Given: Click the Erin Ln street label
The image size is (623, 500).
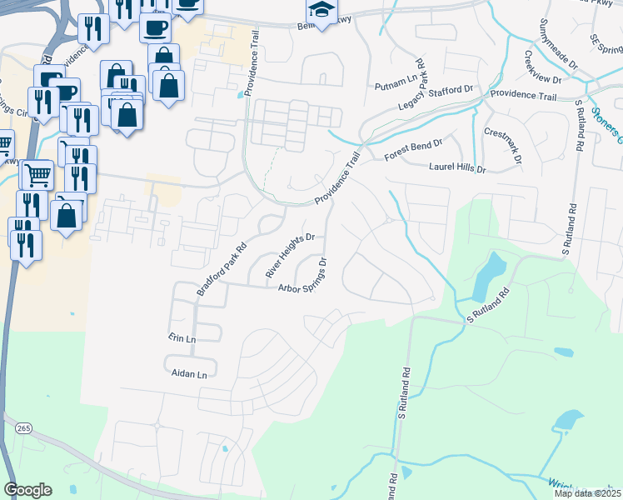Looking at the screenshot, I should pyautogui.click(x=181, y=339).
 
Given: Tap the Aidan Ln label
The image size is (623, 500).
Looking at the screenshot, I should pyautogui.click(x=189, y=375).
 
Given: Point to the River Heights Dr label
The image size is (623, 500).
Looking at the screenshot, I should pyautogui.click(x=290, y=255).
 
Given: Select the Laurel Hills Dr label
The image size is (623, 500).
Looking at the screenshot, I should pyautogui.click(x=456, y=167).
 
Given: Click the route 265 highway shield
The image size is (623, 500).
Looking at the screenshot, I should pyautogui.click(x=22, y=427).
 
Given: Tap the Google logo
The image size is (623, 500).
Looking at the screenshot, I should pyautogui.click(x=27, y=490).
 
